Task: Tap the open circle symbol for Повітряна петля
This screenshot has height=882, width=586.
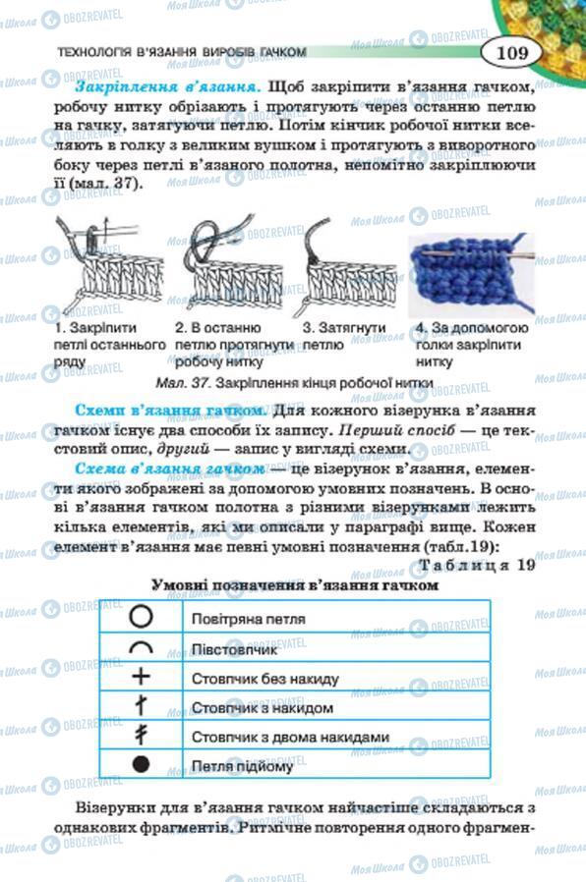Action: tap(142, 618)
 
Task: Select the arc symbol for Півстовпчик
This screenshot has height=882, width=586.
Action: tap(142, 647)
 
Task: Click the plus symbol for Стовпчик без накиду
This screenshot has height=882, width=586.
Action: tap(142, 677)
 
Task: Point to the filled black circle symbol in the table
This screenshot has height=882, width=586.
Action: tap(142, 764)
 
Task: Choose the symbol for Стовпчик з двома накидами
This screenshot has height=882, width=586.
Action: tap(142, 735)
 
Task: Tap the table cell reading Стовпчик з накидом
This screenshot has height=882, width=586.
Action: tap(262, 707)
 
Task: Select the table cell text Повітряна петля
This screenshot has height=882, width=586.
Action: tap(248, 619)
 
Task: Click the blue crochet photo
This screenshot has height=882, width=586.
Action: tap(468, 272)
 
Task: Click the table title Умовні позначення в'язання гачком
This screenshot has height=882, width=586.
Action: tap(294, 585)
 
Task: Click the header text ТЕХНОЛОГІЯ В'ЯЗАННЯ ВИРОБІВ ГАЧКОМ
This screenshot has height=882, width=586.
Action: tap(183, 52)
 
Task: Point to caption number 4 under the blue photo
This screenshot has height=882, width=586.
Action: tap(420, 327)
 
